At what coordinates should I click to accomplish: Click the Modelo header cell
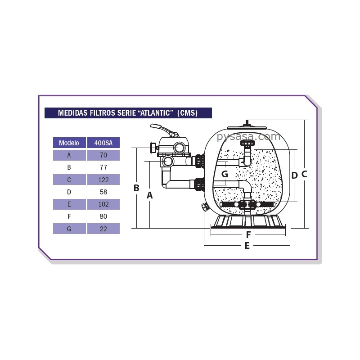click(x=69, y=143)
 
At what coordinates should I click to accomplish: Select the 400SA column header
click(x=103, y=143)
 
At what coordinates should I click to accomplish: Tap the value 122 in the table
click(x=103, y=180)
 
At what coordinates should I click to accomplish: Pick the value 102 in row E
click(x=103, y=204)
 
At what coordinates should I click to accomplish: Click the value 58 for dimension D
click(x=103, y=192)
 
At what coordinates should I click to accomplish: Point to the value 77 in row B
click(x=103, y=167)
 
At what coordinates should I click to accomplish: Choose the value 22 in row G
click(x=103, y=229)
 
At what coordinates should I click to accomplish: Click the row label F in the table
click(x=69, y=216)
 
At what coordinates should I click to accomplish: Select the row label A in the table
click(x=69, y=155)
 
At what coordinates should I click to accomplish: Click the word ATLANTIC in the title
click(x=156, y=113)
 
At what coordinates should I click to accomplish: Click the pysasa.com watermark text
click(x=248, y=136)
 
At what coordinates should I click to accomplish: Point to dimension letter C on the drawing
click(x=304, y=174)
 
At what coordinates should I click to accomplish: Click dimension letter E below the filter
click(x=247, y=246)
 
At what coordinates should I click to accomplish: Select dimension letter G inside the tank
click(x=225, y=174)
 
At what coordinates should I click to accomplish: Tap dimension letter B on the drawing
click(x=136, y=188)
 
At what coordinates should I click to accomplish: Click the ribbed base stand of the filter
click(x=248, y=221)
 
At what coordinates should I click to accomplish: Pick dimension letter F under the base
click(x=248, y=234)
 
